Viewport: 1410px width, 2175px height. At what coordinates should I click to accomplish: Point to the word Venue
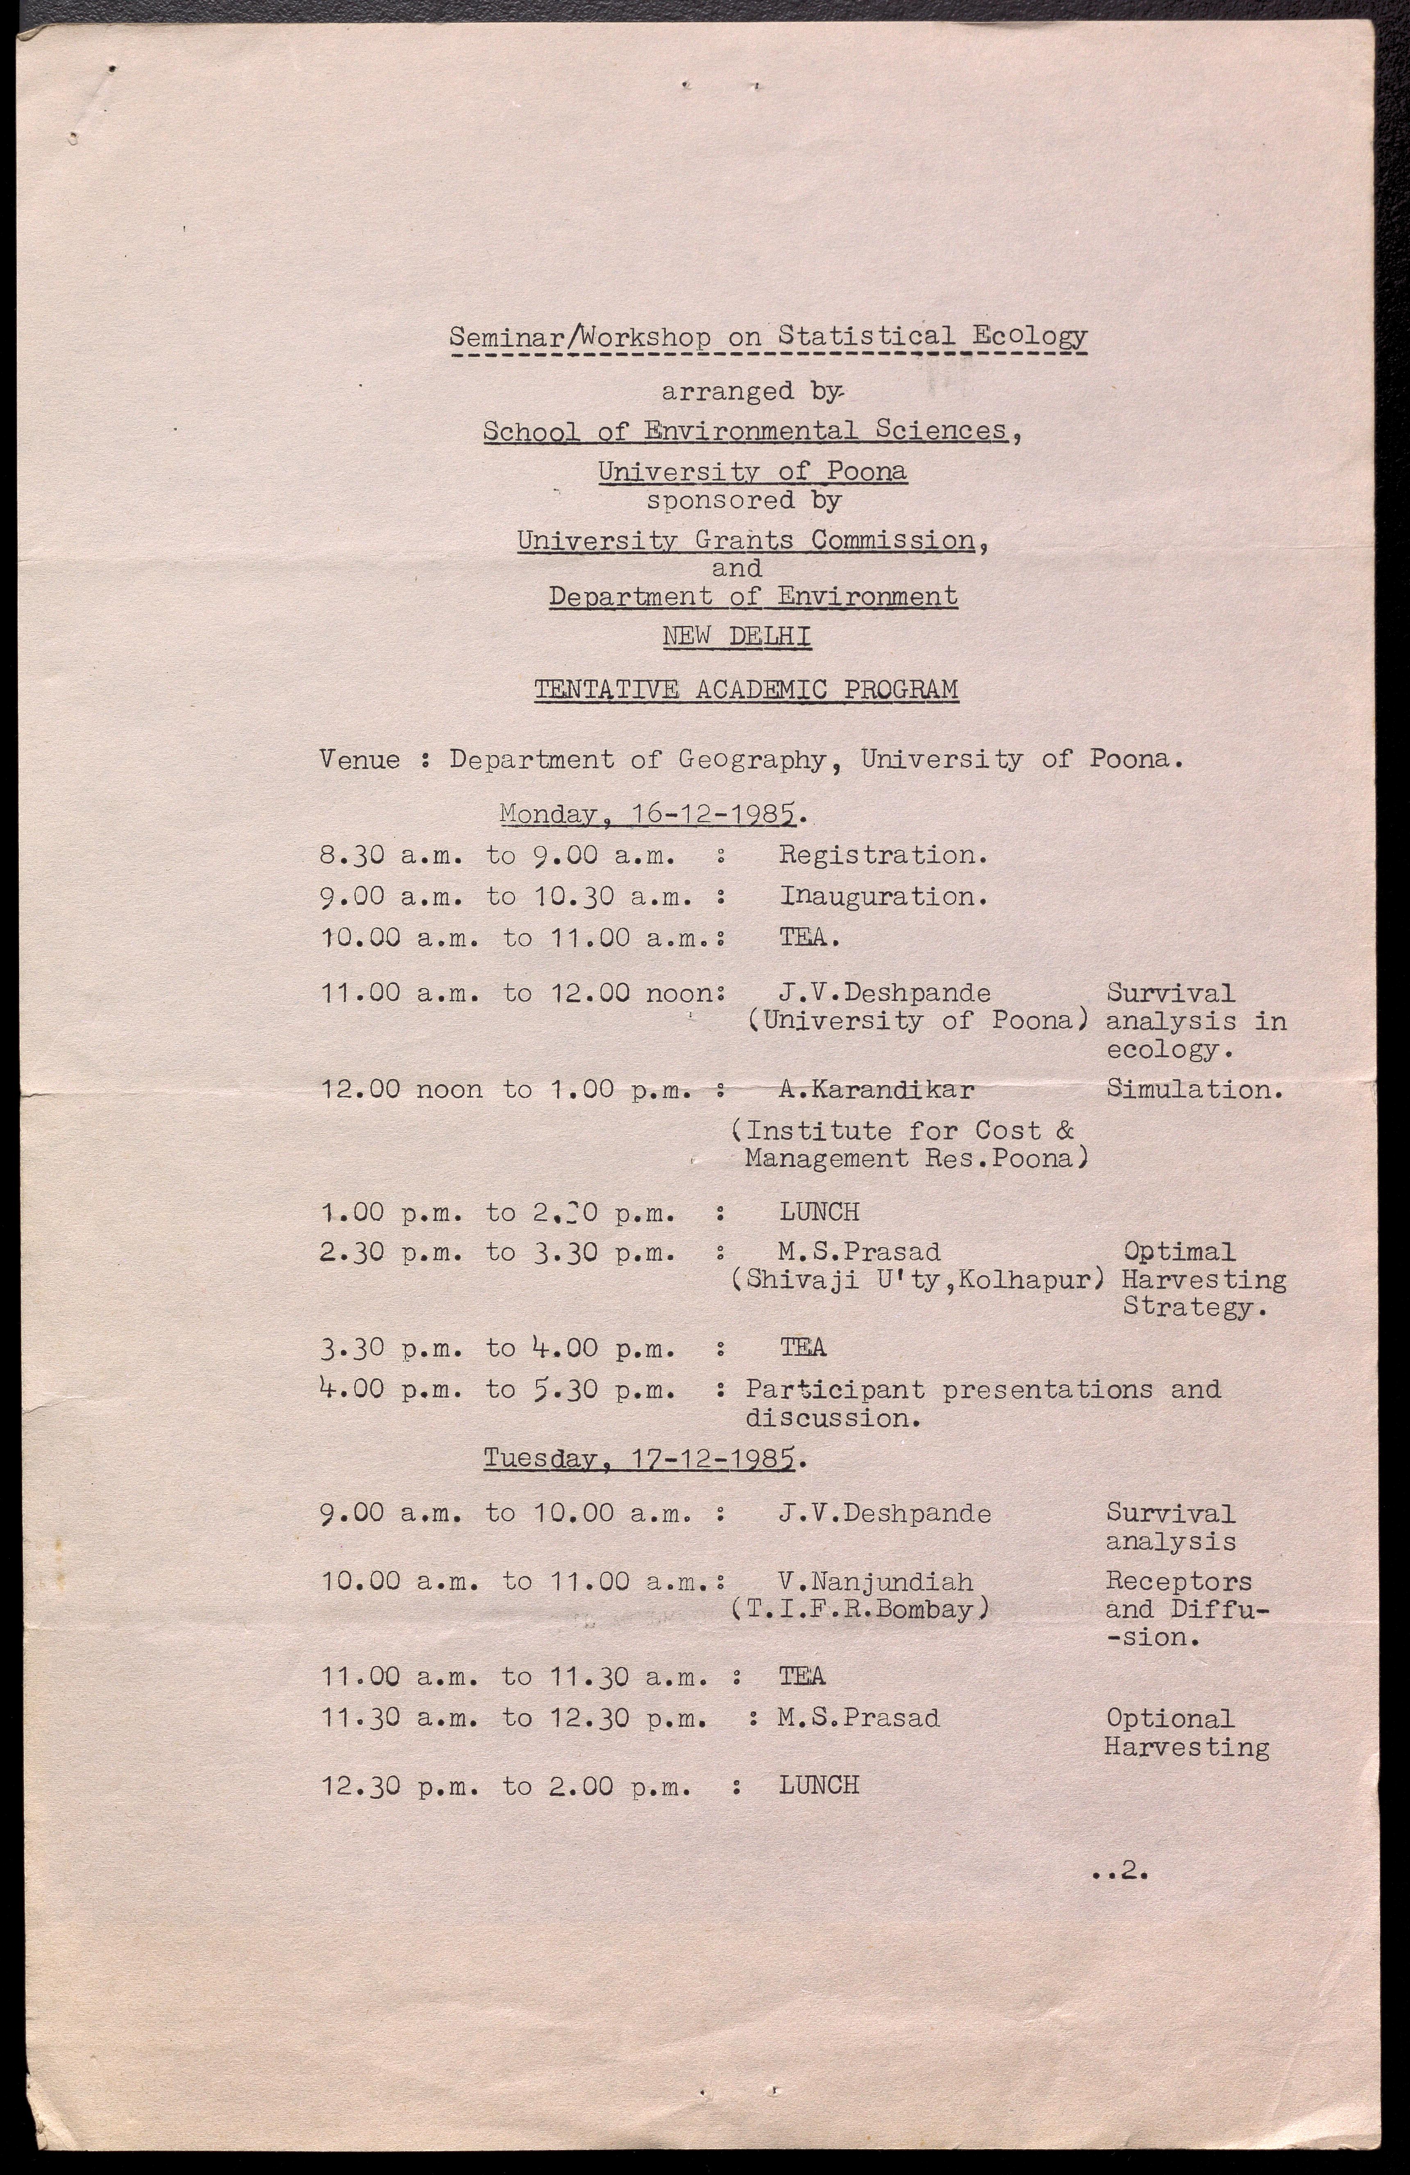coord(359,759)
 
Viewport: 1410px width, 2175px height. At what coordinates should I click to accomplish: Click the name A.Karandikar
coord(875,1089)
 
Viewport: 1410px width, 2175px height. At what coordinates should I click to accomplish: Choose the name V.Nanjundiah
coord(875,1581)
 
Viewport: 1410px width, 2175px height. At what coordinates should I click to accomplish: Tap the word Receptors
coord(1178,1581)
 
